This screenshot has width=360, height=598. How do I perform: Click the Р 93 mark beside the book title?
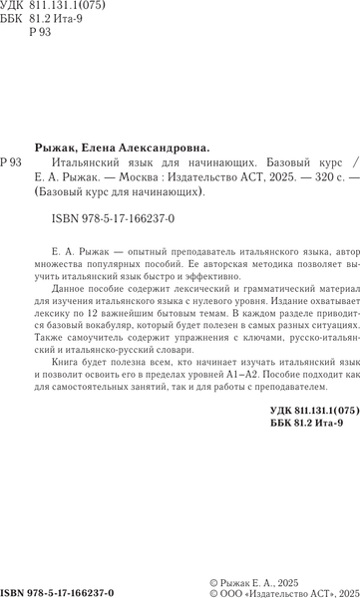click(12, 159)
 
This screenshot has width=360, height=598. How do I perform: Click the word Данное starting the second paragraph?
click(63, 296)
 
